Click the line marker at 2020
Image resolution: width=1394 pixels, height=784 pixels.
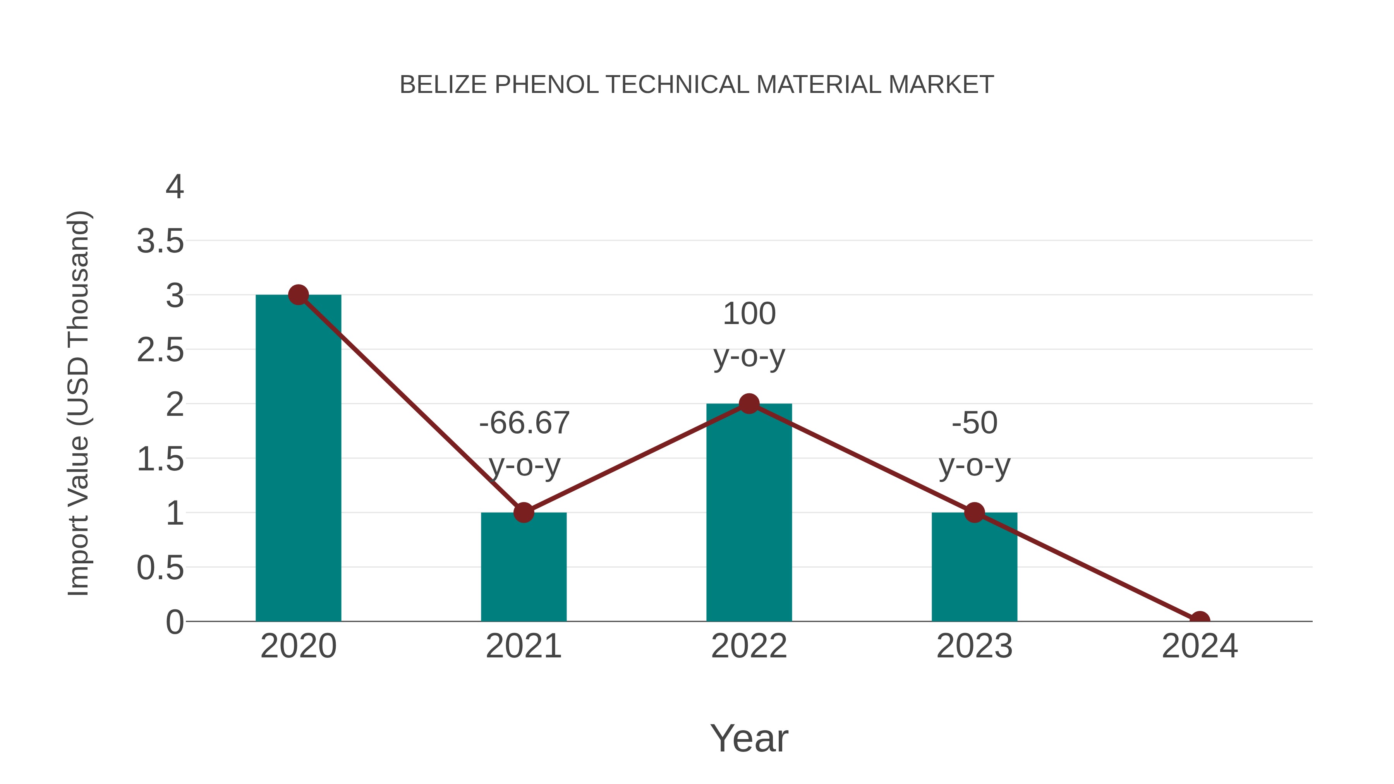(298, 295)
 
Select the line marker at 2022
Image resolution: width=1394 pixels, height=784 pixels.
(749, 404)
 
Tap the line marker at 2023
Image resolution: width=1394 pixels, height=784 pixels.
(974, 512)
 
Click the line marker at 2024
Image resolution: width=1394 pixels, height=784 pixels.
(1200, 619)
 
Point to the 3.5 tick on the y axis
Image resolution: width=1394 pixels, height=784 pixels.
(160, 241)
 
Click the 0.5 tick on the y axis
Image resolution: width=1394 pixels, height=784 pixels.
(160, 568)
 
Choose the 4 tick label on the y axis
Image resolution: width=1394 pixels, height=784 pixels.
(174, 187)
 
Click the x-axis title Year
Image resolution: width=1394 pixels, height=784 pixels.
(749, 738)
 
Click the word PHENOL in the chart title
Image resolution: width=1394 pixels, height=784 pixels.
(546, 85)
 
